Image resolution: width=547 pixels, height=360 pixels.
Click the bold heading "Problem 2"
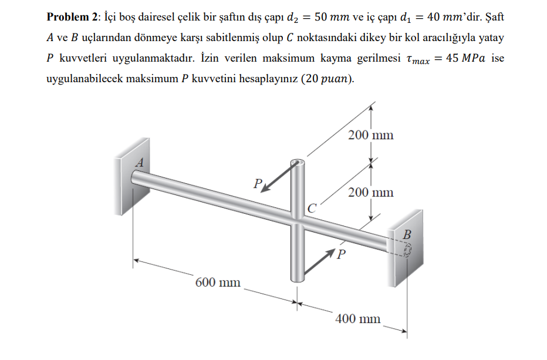(69, 17)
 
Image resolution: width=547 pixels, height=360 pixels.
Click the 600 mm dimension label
(218, 282)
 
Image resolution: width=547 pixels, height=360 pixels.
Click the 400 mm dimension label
(357, 319)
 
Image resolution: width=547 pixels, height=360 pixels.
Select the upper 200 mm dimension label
(370, 135)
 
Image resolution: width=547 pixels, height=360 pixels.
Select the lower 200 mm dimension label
(370, 192)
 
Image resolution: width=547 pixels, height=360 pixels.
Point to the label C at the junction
(311, 207)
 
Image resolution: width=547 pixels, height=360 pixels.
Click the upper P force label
(257, 183)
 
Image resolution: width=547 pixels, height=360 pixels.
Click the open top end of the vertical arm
(298, 162)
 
